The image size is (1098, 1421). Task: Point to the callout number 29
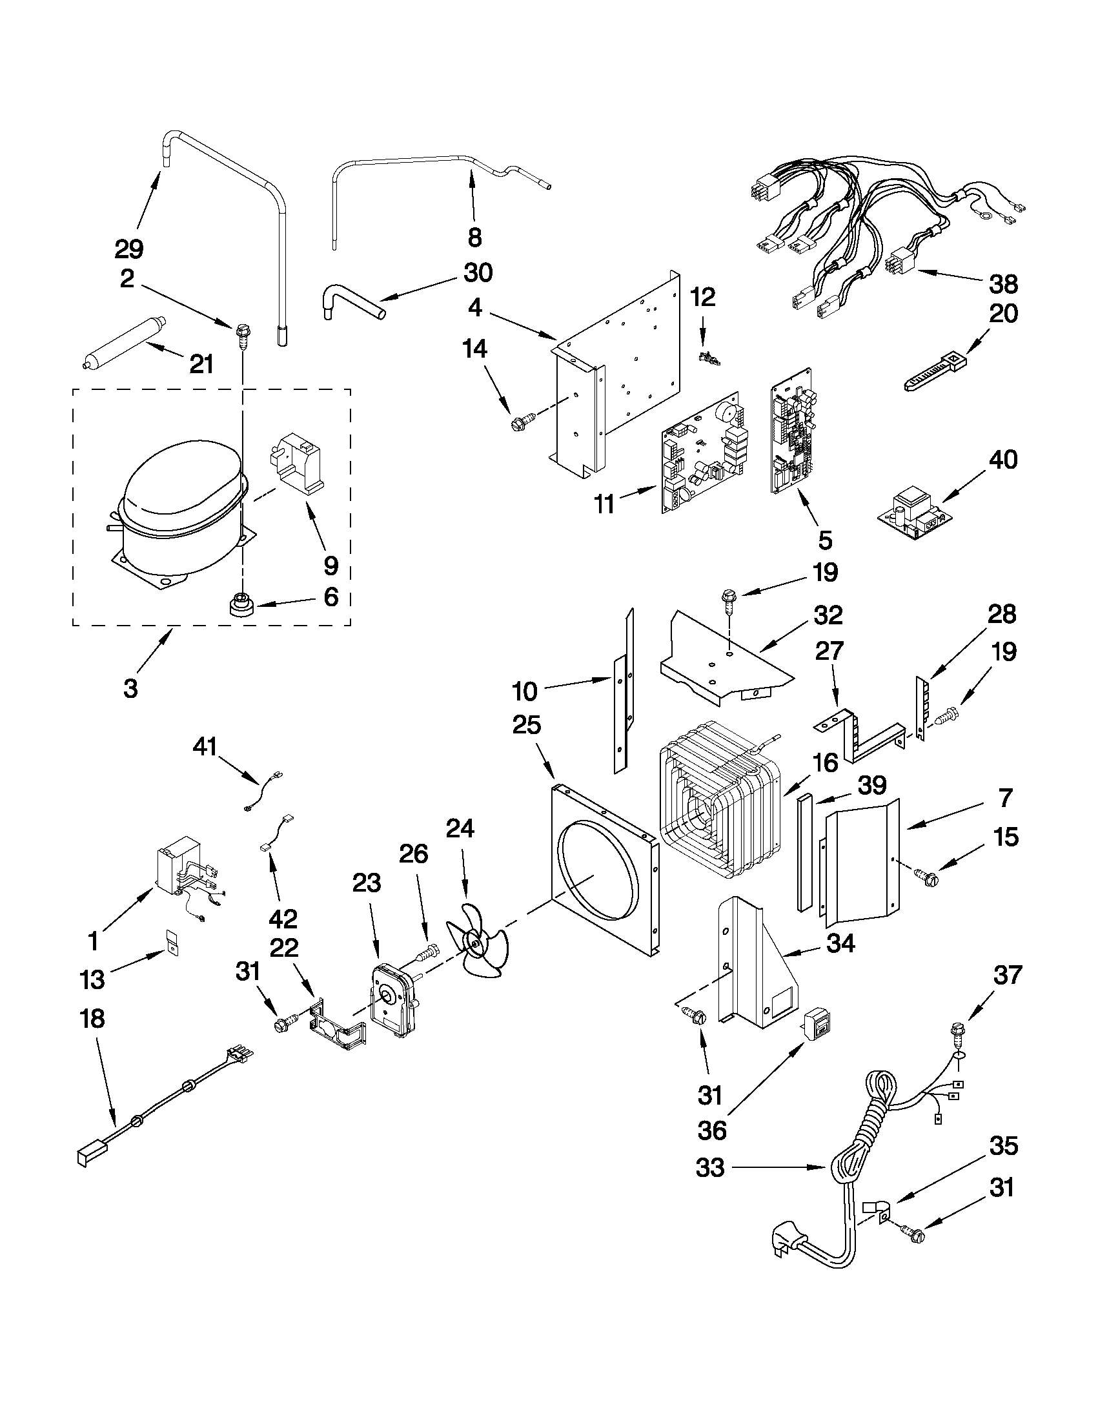[129, 249]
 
